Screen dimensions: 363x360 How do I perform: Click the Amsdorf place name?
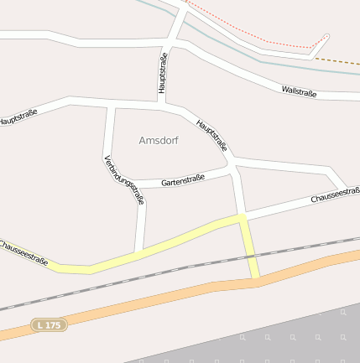click(158, 140)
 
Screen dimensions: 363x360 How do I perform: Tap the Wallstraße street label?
click(299, 91)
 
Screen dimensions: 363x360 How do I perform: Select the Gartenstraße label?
click(183, 180)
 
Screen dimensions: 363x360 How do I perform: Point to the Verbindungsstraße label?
click(124, 180)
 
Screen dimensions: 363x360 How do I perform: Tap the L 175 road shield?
click(49, 324)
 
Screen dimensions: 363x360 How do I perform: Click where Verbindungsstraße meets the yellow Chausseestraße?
click(140, 251)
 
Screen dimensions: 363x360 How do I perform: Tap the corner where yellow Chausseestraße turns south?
click(242, 218)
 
